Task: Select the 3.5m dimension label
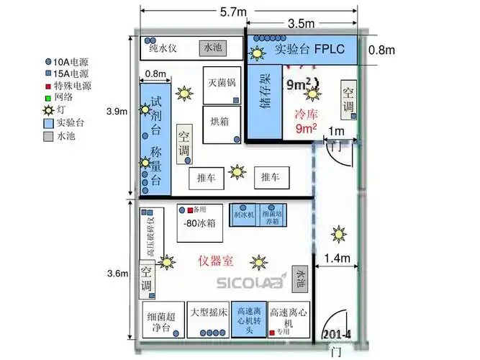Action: click(301, 23)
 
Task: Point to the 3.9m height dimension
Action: click(117, 111)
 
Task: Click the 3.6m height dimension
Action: click(117, 273)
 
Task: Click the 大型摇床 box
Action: click(207, 319)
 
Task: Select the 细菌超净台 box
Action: click(162, 320)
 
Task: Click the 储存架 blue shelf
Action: click(264, 99)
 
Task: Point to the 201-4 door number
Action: click(337, 335)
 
